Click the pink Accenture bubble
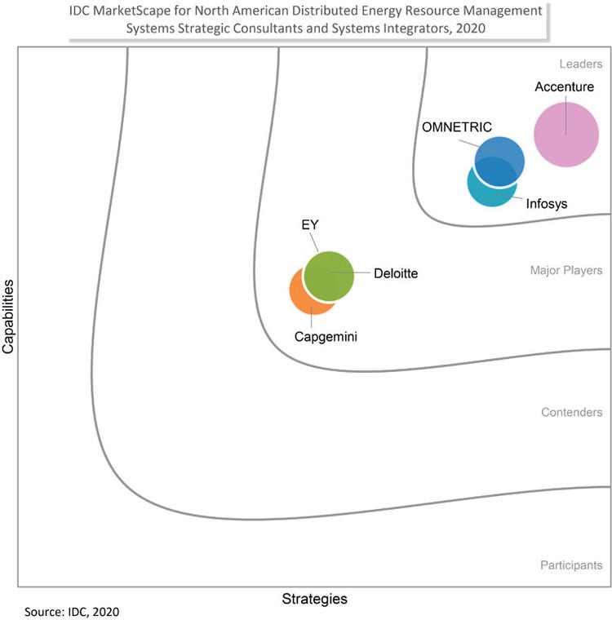pos(565,135)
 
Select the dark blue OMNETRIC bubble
pos(500,157)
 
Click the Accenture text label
pos(565,87)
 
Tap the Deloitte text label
pos(396,274)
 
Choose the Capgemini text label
pos(326,336)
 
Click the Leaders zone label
pos(581,64)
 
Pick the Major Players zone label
pos(566,270)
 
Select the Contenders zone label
pos(571,413)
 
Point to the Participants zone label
pos(571,565)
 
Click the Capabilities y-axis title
pos(9,317)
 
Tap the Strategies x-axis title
pos(314,599)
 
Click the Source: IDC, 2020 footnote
pos(77,611)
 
